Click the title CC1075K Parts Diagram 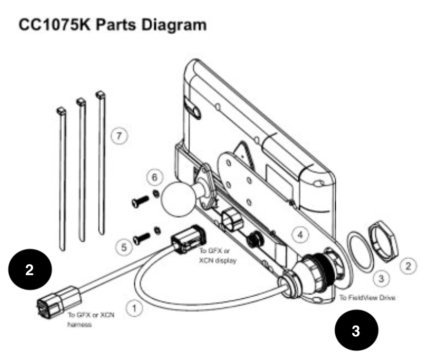[x=113, y=25]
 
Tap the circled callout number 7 [x=119, y=136]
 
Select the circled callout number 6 [x=155, y=177]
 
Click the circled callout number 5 [x=124, y=247]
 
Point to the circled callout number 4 [x=300, y=235]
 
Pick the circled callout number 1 [x=134, y=309]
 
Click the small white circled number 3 [x=382, y=278]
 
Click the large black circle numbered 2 [x=30, y=269]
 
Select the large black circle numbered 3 [x=356, y=330]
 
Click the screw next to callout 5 [x=141, y=239]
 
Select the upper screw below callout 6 [x=140, y=202]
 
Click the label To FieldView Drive [x=367, y=298]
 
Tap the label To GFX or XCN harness [x=91, y=320]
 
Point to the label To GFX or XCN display [x=218, y=256]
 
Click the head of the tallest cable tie [x=100, y=95]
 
